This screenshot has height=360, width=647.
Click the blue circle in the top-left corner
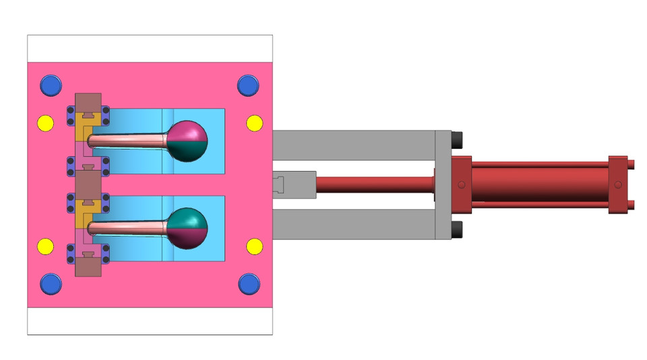pyautogui.click(x=50, y=86)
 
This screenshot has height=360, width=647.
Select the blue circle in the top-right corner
pyautogui.click(x=248, y=86)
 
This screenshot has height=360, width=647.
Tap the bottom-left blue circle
pyautogui.click(x=50, y=284)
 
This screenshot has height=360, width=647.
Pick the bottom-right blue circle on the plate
pyautogui.click(x=248, y=284)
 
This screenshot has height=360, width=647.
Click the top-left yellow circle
pyautogui.click(x=44, y=123)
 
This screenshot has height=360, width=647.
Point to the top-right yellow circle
pyautogui.click(x=254, y=123)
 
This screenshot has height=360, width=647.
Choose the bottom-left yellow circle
pyautogui.click(x=44, y=246)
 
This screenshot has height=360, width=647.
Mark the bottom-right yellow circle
pyautogui.click(x=254, y=246)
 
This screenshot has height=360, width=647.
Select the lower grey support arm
pyautogui.click(x=354, y=224)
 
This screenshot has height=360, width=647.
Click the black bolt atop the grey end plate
pyautogui.click(x=458, y=140)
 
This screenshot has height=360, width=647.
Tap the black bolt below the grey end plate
pyautogui.click(x=458, y=229)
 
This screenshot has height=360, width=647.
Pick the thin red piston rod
pyautogui.click(x=374, y=184)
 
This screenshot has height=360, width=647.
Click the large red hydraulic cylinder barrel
pyautogui.click(x=539, y=184)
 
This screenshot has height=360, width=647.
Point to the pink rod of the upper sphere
pyautogui.click(x=128, y=140)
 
